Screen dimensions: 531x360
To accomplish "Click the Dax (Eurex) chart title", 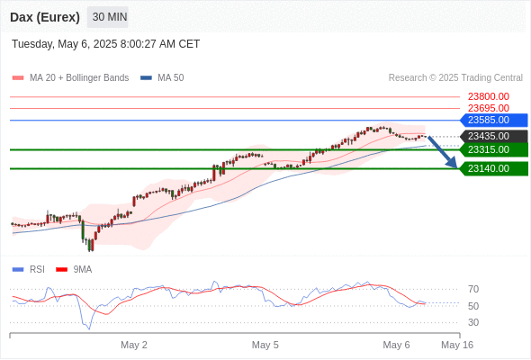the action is click(x=45, y=17).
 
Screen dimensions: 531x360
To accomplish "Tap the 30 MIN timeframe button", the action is click(x=108, y=17).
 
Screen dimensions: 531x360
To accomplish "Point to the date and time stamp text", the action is click(x=105, y=44).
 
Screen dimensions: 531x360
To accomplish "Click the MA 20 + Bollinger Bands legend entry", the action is click(x=70, y=78).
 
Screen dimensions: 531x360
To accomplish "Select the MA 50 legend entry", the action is click(x=162, y=78).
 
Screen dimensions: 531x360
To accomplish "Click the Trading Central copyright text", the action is click(x=455, y=78).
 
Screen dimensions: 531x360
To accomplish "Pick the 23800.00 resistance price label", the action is click(x=489, y=97).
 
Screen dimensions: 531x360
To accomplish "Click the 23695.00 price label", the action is click(x=489, y=108).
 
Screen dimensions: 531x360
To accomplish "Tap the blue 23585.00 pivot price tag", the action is click(x=494, y=121).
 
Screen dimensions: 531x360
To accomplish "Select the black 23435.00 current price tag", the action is click(x=494, y=137).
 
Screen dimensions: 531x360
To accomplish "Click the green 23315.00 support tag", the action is click(x=494, y=149).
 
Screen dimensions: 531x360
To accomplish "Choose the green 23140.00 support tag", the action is click(x=494, y=168).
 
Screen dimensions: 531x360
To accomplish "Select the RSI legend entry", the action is click(x=29, y=270).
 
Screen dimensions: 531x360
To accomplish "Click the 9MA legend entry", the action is click(x=74, y=270).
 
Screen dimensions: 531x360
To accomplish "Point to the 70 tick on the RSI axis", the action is click(x=473, y=290).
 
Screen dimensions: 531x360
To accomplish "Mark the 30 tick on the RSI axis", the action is click(x=473, y=323).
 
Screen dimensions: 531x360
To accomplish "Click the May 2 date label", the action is click(x=134, y=345).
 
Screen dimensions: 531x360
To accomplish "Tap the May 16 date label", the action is click(x=457, y=345).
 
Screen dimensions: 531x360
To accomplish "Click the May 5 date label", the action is click(x=265, y=345).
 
